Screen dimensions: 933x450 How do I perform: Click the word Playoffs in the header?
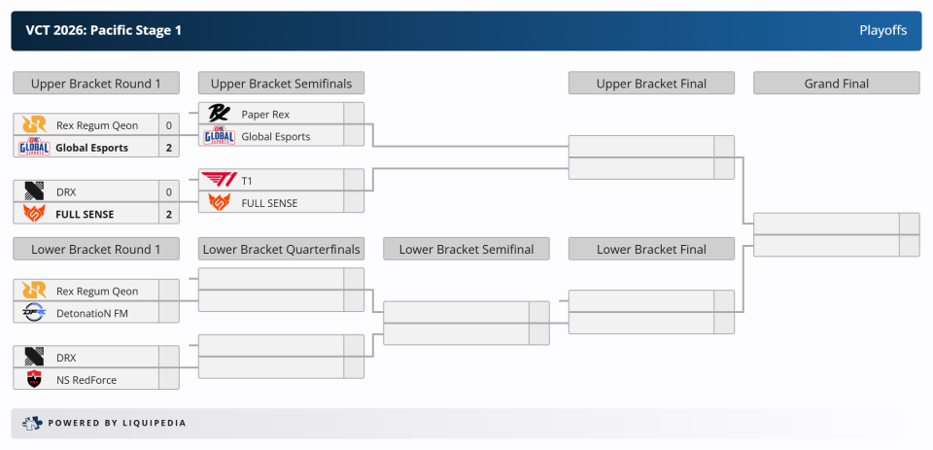[x=883, y=30]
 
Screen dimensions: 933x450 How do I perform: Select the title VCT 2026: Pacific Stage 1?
[x=104, y=30]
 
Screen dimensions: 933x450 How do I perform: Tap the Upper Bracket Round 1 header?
[x=96, y=84]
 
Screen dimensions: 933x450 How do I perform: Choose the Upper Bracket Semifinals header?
[x=282, y=84]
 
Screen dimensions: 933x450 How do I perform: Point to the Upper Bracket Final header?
[x=651, y=84]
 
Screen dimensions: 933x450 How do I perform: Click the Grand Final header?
[x=837, y=84]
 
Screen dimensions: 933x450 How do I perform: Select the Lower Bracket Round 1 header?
[x=96, y=250]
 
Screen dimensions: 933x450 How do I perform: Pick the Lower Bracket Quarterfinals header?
[x=282, y=250]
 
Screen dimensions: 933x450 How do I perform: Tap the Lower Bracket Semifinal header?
[x=466, y=250]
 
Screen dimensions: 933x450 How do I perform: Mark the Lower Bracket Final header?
[x=651, y=250]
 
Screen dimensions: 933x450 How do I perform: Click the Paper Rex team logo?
[x=219, y=113]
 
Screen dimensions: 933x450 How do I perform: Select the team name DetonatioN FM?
[x=92, y=313]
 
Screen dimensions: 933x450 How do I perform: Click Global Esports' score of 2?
[x=169, y=148]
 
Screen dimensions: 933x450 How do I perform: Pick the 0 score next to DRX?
[x=169, y=192]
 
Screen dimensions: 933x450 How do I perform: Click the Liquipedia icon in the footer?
[x=33, y=423]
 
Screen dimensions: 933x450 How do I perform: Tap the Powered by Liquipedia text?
[x=118, y=423]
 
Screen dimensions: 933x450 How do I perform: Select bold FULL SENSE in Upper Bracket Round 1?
[x=85, y=214]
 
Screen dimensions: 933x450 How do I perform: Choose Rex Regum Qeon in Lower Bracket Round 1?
[x=97, y=291]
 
